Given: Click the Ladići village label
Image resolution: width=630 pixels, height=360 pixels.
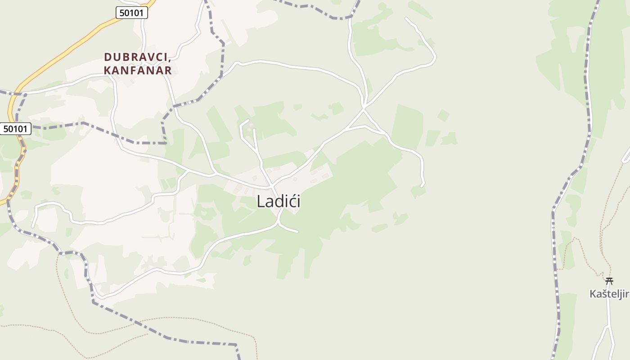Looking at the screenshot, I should [x=279, y=201].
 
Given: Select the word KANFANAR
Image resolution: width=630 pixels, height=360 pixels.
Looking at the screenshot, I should [x=138, y=71].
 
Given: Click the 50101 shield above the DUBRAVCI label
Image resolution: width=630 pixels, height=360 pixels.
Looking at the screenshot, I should [x=132, y=13].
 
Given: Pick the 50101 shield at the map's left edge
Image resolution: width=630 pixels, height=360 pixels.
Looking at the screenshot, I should [x=15, y=129].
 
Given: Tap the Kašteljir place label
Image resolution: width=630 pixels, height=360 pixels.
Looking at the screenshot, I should [x=608, y=294].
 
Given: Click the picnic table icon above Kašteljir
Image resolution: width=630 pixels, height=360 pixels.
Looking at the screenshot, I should [x=609, y=281].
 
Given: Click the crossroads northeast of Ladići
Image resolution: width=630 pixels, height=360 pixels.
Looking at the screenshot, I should [x=364, y=108].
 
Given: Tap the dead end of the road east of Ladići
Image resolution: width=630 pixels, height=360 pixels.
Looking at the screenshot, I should [x=422, y=185].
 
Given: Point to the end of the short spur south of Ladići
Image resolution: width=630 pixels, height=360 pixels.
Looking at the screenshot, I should [x=297, y=232].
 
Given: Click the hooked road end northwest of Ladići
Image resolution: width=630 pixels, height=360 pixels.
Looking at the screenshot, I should [x=248, y=120].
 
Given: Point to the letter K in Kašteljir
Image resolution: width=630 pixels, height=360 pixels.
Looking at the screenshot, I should [x=593, y=294].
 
